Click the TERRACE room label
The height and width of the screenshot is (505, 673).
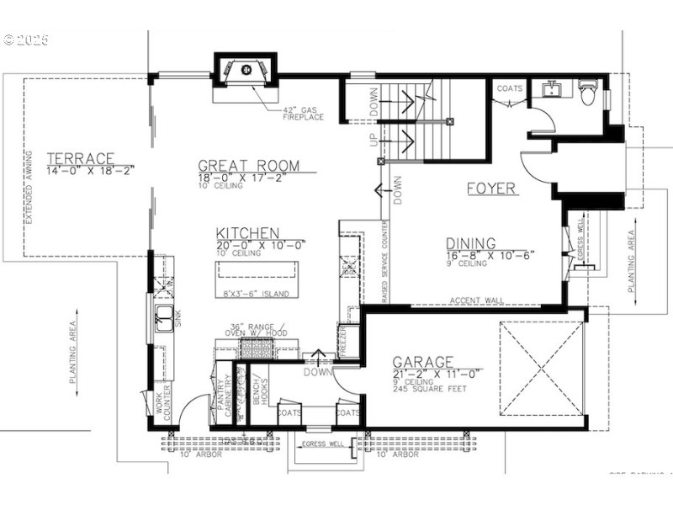point(80,158)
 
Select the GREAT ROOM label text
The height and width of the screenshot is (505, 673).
point(249,166)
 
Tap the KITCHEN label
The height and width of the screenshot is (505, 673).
point(246,233)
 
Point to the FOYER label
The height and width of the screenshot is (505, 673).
point(491,189)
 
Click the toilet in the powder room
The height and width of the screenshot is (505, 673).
point(589,94)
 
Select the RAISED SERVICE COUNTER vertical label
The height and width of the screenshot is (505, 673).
point(384,262)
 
